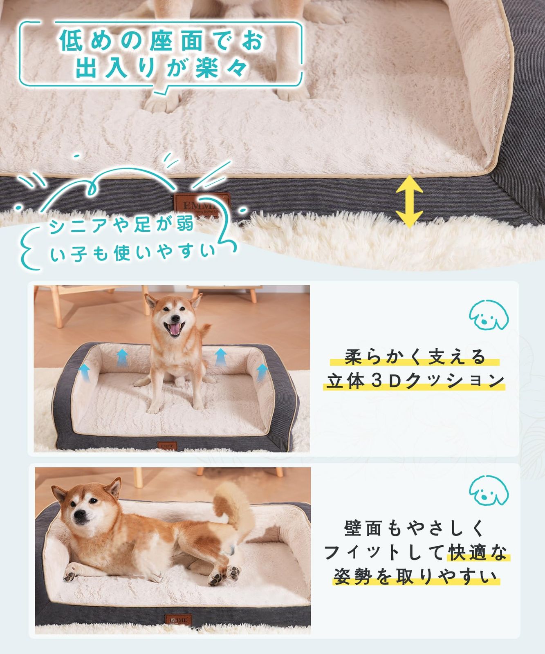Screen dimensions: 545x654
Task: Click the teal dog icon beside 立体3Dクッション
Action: (x=488, y=315)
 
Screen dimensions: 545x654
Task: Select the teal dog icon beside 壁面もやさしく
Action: (x=488, y=492)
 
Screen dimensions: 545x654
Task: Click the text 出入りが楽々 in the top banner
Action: (x=161, y=68)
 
